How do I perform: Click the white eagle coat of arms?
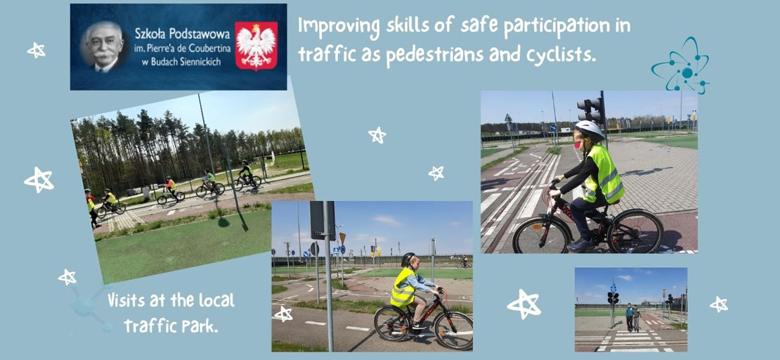256,46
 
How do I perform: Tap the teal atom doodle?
680,65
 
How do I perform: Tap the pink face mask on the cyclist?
578,144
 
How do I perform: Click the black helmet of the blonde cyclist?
408,259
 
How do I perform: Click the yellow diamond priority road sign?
342,238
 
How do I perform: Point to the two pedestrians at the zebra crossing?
632,317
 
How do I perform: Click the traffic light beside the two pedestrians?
612,297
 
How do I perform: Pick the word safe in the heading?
476,26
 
